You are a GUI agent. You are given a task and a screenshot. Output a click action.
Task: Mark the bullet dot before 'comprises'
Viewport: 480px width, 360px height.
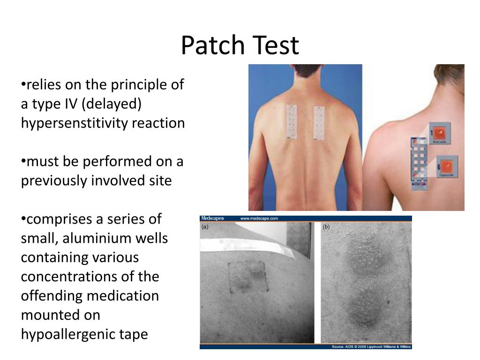23,219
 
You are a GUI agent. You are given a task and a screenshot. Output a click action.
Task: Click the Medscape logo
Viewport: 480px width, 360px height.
212,218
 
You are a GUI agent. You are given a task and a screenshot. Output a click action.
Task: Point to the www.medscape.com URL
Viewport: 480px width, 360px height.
259,218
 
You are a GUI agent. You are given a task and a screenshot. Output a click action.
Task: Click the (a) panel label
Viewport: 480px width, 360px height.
205,227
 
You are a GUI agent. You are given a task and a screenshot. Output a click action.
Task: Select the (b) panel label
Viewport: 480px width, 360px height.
326,227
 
